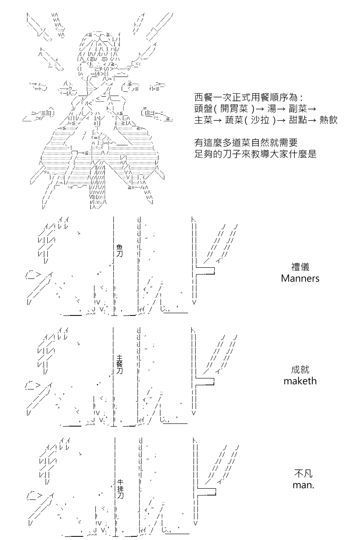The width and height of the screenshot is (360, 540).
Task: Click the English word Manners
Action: tap(300, 279)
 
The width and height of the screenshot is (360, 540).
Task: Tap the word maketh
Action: tap(300, 381)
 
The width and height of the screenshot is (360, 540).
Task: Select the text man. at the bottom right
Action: tap(303, 485)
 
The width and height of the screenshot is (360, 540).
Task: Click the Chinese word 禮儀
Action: tap(300, 267)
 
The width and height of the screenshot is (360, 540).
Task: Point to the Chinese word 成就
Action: tap(300, 370)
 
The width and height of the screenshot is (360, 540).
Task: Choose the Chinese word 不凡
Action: tap(303, 473)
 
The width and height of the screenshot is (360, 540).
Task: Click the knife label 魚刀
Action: tap(119, 251)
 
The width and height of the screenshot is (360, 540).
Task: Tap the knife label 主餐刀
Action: tap(119, 364)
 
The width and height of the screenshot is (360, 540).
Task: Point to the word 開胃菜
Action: tap(234, 109)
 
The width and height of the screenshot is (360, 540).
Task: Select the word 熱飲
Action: tap(328, 120)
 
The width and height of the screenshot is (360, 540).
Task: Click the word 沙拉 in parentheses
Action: tap(260, 120)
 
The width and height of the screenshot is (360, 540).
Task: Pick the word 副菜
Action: tap(298, 109)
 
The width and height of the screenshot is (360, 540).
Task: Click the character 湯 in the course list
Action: tap(272, 109)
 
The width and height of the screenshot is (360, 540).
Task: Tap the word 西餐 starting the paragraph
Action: tap(203, 98)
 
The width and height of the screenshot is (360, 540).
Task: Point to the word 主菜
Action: tap(203, 120)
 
